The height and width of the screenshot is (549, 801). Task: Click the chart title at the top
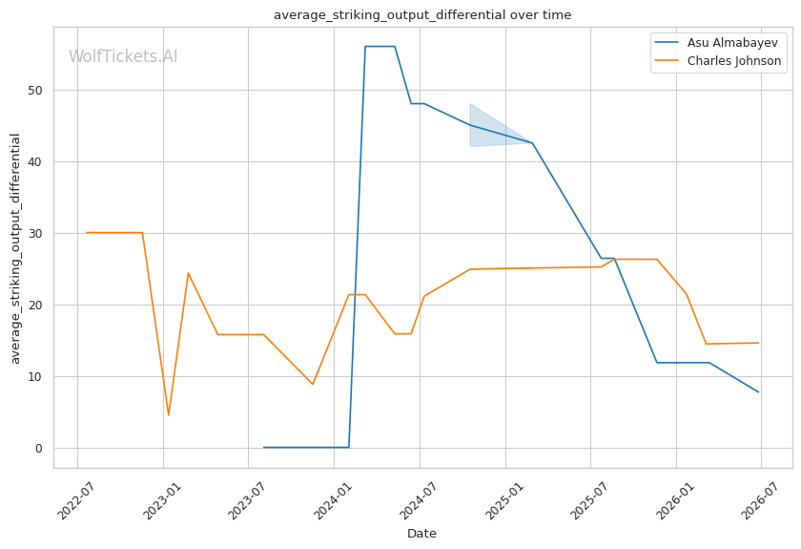coord(422,15)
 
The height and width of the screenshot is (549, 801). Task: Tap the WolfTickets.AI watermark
coord(123,56)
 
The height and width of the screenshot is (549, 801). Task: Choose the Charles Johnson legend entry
coord(718,61)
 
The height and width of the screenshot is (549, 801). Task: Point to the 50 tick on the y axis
coord(35,91)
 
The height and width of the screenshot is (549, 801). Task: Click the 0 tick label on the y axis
coord(39,449)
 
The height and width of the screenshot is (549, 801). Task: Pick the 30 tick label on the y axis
coord(35,234)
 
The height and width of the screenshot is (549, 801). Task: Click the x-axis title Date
coord(421,534)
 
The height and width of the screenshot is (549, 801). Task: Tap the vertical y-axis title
coord(15,248)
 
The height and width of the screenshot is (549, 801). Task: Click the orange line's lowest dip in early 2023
coord(169,415)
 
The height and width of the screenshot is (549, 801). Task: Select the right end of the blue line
coord(759,392)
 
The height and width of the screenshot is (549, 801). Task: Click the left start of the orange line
coord(87,233)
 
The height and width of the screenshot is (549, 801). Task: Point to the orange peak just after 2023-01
coord(188,273)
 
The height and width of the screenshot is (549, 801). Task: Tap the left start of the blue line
coord(263,448)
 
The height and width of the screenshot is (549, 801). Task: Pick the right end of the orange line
coord(759,343)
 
